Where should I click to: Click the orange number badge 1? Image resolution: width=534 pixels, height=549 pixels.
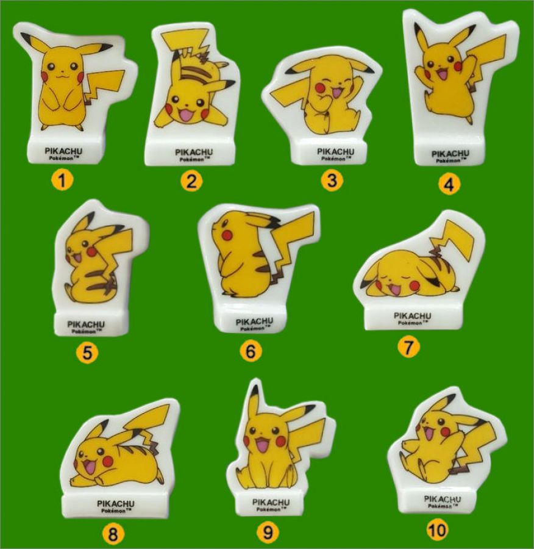[62, 181]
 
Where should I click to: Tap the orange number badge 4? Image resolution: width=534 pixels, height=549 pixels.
[449, 184]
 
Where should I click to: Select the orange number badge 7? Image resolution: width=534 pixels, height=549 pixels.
[408, 347]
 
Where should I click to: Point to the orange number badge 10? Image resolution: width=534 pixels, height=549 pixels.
[438, 529]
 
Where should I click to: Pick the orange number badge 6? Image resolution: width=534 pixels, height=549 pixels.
[251, 351]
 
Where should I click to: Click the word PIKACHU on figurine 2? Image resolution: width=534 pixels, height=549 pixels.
[194, 152]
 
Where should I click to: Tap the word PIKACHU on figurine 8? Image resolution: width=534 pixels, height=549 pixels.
[115, 503]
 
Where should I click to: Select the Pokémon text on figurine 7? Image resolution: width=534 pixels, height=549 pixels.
[413, 323]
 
